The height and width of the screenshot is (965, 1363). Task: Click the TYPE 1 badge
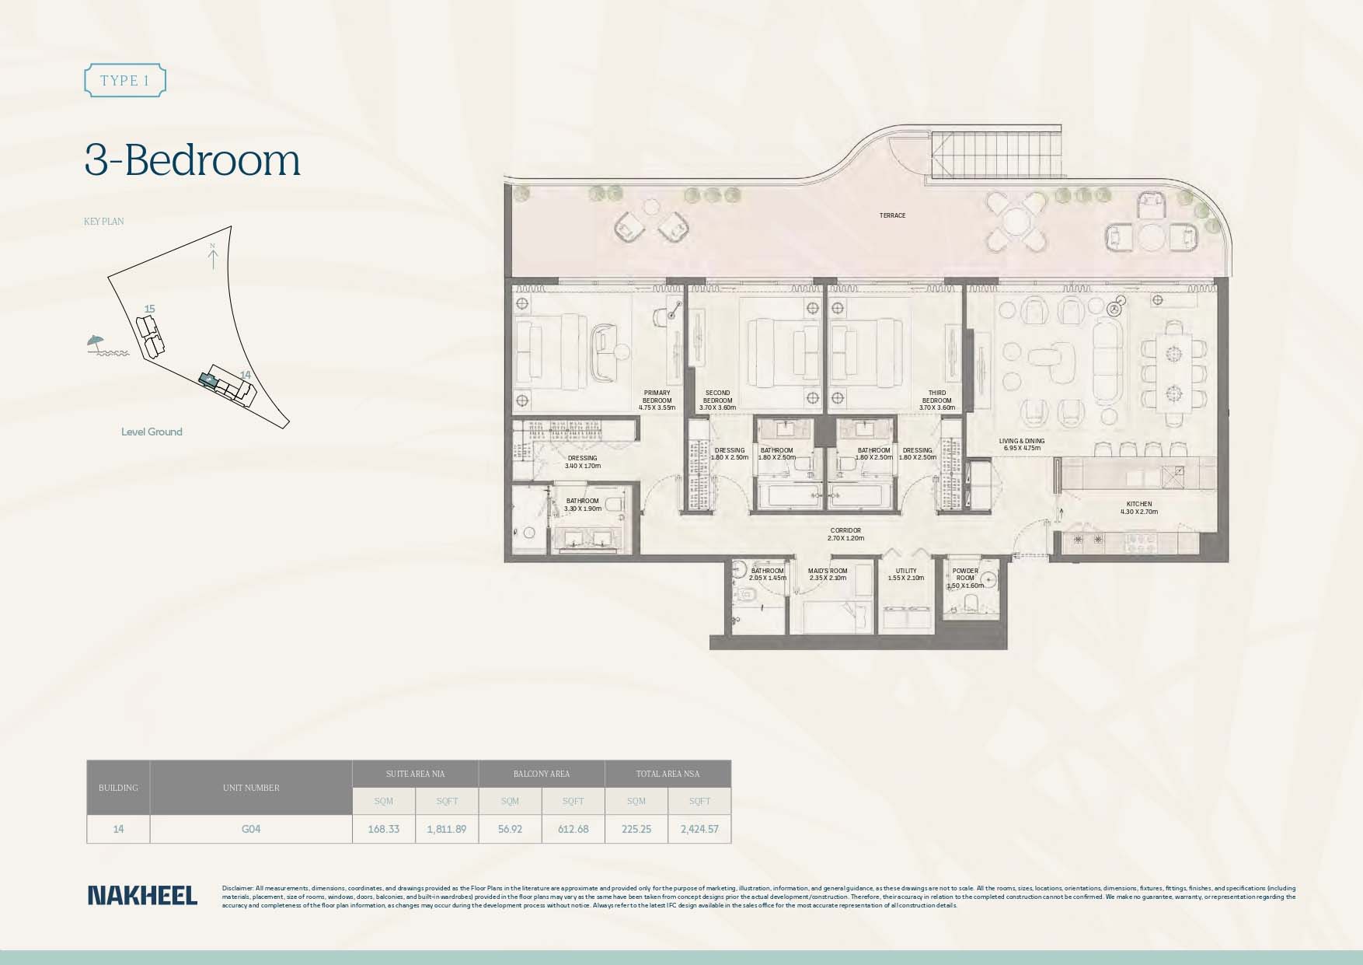124,81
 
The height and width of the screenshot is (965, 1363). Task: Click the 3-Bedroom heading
192,161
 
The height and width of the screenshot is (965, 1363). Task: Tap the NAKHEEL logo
142,895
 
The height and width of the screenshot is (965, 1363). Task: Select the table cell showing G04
250,829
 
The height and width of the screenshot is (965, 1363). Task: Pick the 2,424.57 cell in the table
699,829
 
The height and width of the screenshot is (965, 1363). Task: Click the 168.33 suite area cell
383,829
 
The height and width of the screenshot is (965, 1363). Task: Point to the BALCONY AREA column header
541,774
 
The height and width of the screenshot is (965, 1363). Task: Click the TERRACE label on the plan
892,215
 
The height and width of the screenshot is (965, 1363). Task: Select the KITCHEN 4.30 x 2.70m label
1138,508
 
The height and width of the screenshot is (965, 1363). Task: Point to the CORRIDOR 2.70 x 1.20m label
845,534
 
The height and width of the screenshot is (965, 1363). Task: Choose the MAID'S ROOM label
827,574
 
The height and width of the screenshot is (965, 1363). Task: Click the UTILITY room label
905,574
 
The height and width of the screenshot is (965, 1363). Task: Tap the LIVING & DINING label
1021,444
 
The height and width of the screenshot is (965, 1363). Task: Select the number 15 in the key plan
149,309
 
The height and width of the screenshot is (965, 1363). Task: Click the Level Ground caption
152,432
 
